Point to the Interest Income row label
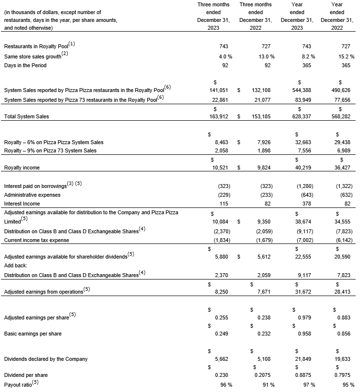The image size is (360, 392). point(22,204)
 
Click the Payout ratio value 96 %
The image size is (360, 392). point(226,385)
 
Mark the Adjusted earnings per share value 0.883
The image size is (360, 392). point(343,317)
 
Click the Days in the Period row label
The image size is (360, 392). point(25,65)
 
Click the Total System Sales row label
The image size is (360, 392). point(26,117)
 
